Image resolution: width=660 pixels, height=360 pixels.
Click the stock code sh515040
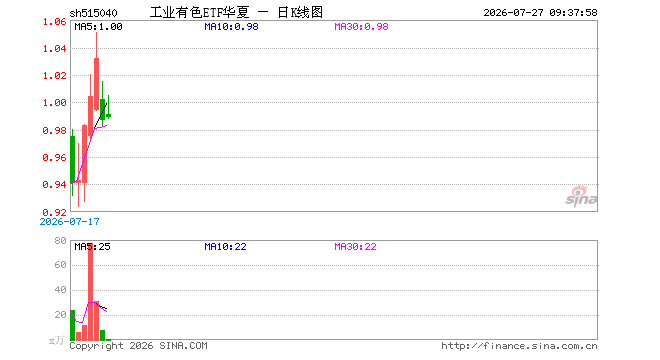point(93,13)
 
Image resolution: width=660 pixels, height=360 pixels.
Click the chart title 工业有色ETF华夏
point(200,12)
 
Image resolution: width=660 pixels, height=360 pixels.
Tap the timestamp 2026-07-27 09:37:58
point(540,13)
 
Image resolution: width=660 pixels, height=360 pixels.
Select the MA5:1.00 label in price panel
point(98,27)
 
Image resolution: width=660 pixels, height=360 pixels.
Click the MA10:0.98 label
point(231,27)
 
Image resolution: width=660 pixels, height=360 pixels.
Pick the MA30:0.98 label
point(361,27)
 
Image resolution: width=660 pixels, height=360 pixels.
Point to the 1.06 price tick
point(55,21)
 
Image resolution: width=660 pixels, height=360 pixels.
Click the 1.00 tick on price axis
point(55,103)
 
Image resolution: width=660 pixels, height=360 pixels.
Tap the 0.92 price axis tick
point(55,212)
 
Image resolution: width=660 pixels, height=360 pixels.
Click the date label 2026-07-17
point(69,221)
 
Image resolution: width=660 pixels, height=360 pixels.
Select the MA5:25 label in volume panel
point(92,246)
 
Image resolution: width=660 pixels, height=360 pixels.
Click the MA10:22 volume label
point(225,246)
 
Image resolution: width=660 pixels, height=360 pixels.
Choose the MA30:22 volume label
point(355,246)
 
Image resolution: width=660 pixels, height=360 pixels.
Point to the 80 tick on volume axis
point(61,240)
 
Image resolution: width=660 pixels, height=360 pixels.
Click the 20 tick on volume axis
point(61,315)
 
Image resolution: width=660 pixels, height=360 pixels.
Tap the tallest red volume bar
point(90,292)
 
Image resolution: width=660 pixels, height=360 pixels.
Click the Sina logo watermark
point(581,196)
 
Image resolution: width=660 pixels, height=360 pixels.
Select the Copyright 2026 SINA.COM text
point(138,346)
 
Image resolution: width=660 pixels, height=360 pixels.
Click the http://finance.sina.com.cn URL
point(519,346)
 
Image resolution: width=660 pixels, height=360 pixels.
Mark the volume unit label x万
point(56,340)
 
